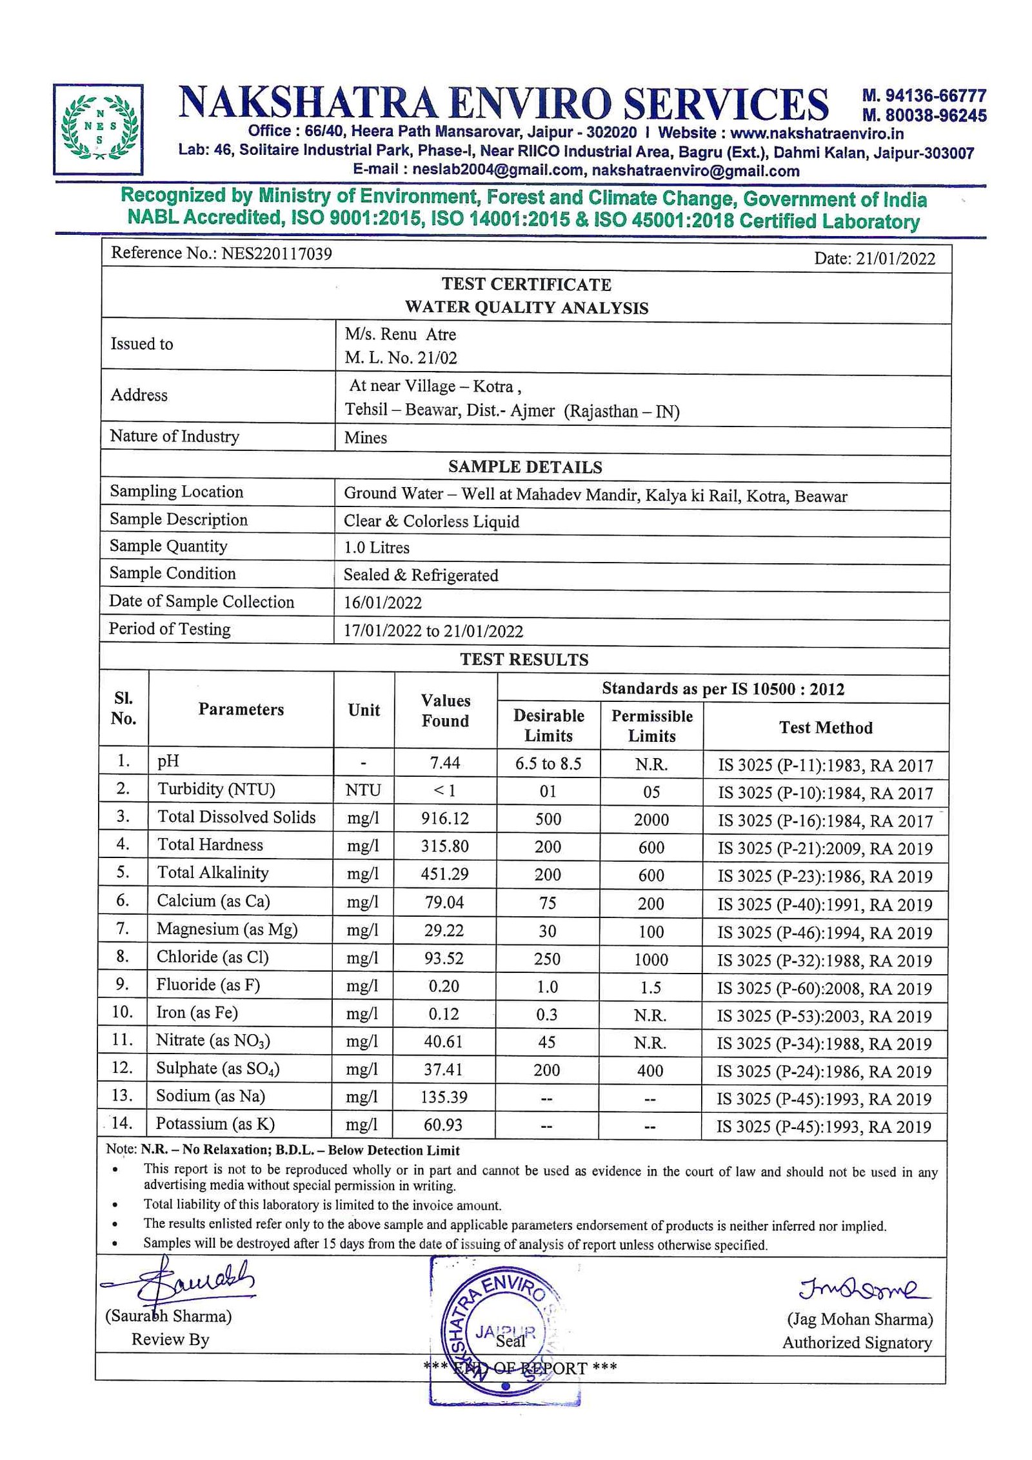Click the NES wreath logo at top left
pos(98,128)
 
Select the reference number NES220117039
pos(276,253)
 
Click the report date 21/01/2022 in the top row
pos(895,258)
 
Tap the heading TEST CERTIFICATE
pos(526,284)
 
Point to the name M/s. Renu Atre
pos(400,334)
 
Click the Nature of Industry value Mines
pos(365,437)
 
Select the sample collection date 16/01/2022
pos(382,603)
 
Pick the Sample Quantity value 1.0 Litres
pos(377,547)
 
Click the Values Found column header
pos(445,710)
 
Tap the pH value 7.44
pos(445,763)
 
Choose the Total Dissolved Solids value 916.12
pos(445,818)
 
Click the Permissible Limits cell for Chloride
pos(651,959)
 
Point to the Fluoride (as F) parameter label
pos(208,985)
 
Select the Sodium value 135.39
pos(444,1097)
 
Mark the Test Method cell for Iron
pos(825,1016)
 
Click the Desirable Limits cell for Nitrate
pos(547,1042)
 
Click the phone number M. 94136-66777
pos(924,95)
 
